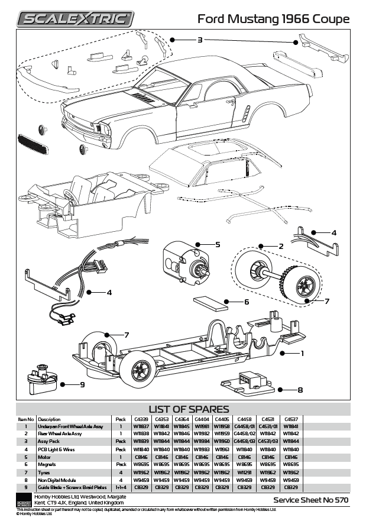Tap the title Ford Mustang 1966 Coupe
(273, 19)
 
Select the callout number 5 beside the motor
(217, 244)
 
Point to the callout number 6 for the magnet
(247, 302)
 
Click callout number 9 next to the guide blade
(82, 385)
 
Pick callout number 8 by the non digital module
(300, 390)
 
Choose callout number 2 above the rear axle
(281, 245)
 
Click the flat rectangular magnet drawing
(211, 303)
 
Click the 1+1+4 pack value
(121, 487)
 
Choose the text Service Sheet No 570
(310, 500)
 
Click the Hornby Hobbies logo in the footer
(24, 499)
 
